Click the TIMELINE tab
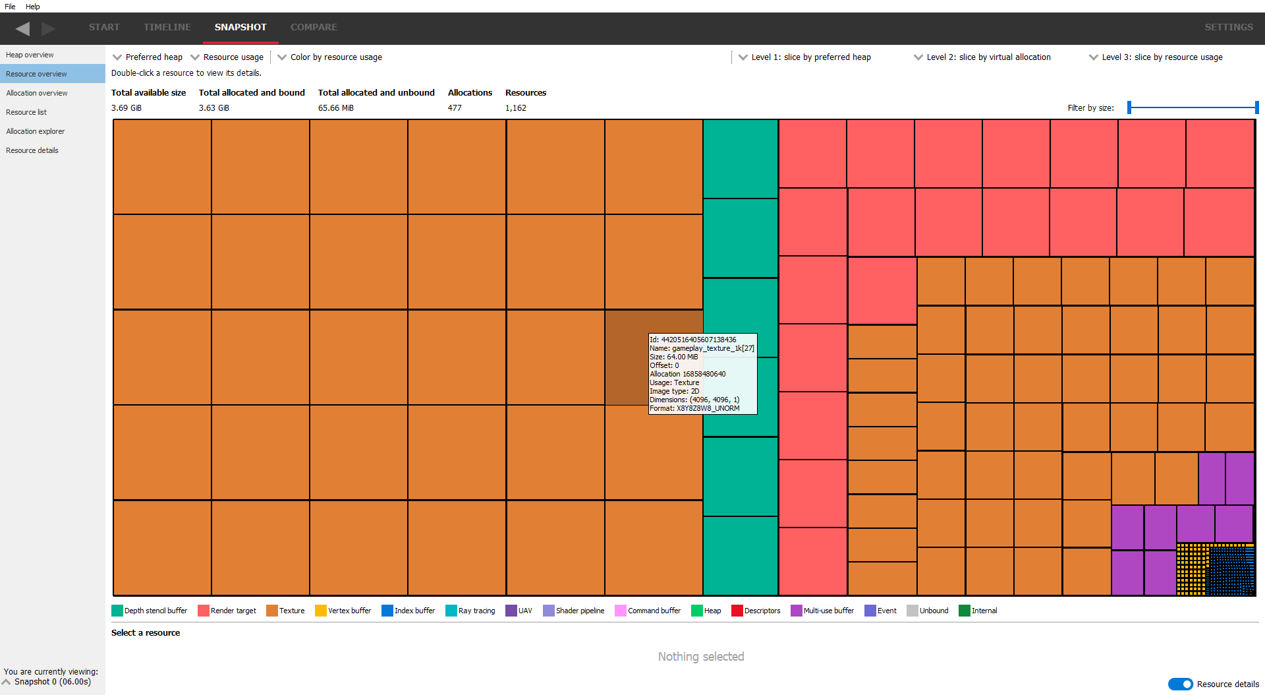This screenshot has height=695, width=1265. (x=167, y=27)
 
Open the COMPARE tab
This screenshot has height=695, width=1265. (x=314, y=27)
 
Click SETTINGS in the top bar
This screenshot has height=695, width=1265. (x=1228, y=27)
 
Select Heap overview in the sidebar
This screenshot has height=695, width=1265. (x=30, y=55)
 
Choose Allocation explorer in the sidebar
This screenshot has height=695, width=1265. (x=35, y=131)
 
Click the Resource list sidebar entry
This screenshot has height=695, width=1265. (x=26, y=112)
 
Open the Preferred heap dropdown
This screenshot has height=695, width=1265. (x=148, y=57)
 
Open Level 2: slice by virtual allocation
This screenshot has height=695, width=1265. (x=982, y=57)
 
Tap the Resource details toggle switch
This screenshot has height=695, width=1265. (x=1180, y=684)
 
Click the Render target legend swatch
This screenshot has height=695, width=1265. (x=204, y=611)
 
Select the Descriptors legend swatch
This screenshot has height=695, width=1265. (x=737, y=611)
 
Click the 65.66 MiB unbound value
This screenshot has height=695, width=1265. (x=336, y=108)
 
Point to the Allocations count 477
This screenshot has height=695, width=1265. (x=455, y=108)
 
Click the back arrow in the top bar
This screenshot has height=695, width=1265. (x=22, y=28)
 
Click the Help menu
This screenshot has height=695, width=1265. (x=33, y=7)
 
